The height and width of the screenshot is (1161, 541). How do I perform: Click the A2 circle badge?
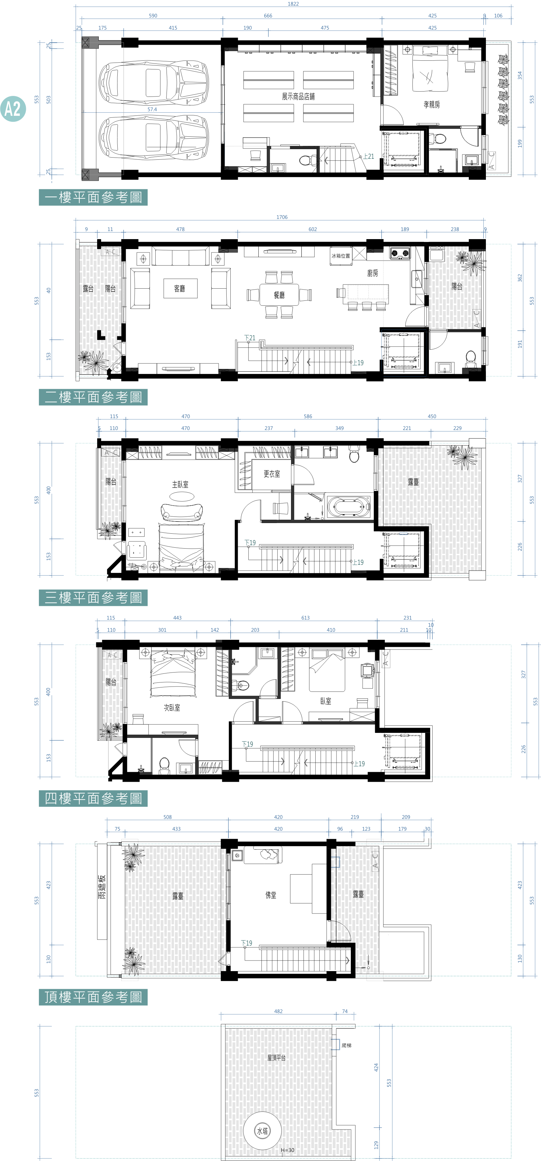coord(13,109)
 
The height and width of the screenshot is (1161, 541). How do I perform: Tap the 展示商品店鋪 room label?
coord(298,97)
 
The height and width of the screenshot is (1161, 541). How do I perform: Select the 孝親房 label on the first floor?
coord(431,105)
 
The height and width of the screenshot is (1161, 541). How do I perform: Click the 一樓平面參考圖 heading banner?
coord(93,197)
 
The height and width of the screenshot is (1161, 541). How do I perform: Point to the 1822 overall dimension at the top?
coord(293,4)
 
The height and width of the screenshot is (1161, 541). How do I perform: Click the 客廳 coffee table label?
coord(180,288)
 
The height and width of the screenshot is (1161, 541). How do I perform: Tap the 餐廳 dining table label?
coord(279,295)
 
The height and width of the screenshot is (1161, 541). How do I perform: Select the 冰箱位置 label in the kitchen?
coord(341,256)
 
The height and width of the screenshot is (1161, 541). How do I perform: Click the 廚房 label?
coord(373,273)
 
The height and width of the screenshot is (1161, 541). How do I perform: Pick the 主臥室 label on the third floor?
coord(180,484)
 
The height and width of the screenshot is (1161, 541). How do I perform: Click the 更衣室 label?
coord(272,474)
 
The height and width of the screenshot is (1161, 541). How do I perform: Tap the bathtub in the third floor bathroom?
coord(349,507)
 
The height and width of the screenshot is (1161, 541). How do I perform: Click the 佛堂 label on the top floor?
coord(271,895)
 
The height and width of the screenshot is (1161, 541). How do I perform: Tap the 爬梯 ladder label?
coord(346,1045)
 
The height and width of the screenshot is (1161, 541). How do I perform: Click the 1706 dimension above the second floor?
coord(282,217)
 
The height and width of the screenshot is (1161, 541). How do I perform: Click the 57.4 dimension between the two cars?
coord(152,110)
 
